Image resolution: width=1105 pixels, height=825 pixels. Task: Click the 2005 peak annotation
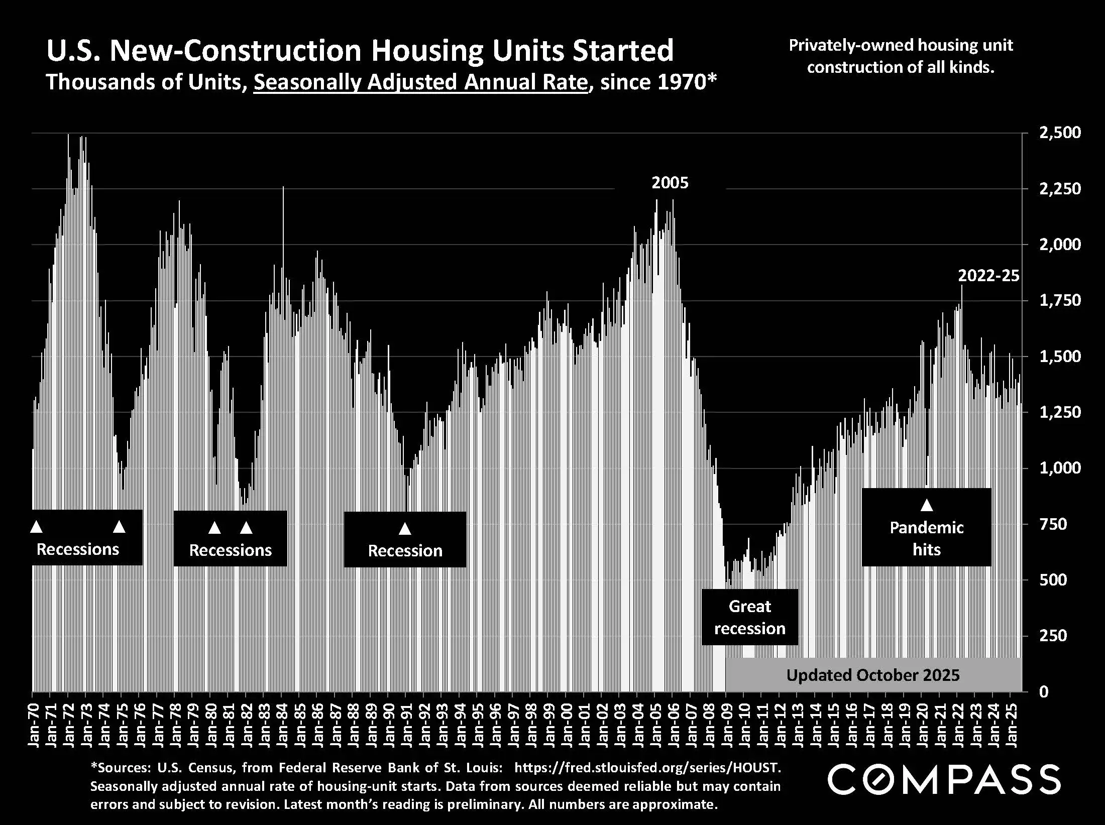[x=670, y=183]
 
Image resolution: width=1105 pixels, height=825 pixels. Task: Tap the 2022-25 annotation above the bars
[x=988, y=276]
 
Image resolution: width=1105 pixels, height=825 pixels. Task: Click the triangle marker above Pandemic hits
[x=927, y=505]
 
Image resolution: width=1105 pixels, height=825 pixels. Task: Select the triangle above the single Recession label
[x=405, y=529]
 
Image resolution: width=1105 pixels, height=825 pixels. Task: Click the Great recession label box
[x=749, y=617]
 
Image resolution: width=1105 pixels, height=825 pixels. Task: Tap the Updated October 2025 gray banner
[x=873, y=675]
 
